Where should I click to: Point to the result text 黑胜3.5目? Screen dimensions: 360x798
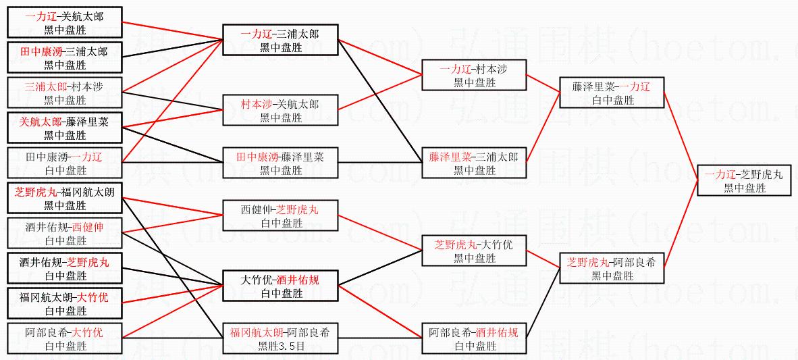click(281, 346)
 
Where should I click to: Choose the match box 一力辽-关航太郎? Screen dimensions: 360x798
click(65, 22)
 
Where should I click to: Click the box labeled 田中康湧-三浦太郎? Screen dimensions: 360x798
click(65, 57)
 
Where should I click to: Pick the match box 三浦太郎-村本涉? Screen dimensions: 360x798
click(65, 93)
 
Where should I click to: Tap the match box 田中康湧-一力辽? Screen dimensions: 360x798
click(65, 163)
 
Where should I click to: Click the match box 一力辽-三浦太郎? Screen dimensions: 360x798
click(281, 40)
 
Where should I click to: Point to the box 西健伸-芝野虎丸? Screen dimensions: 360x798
click(281, 216)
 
